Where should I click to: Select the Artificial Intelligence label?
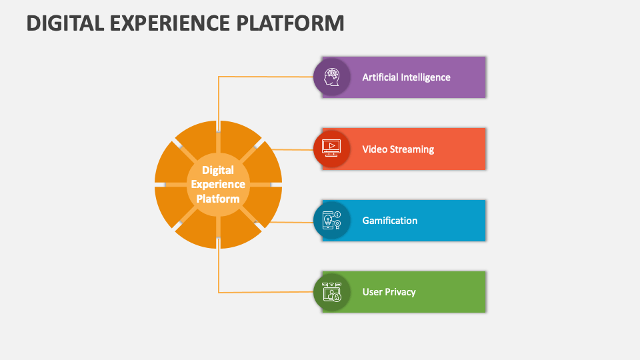click(x=406, y=77)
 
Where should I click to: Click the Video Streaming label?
click(x=398, y=149)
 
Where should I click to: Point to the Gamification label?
click(x=389, y=221)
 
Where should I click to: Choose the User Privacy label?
click(x=389, y=292)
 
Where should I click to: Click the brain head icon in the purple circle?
click(x=331, y=77)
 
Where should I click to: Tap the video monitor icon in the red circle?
click(x=331, y=149)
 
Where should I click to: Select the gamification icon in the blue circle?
click(x=331, y=221)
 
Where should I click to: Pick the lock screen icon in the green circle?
click(x=331, y=292)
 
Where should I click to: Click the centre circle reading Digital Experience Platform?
click(x=218, y=184)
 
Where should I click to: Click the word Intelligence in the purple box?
click(x=425, y=77)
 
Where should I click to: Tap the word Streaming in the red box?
click(x=412, y=149)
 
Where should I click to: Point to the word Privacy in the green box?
click(x=400, y=292)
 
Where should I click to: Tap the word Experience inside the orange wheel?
click(x=218, y=184)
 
